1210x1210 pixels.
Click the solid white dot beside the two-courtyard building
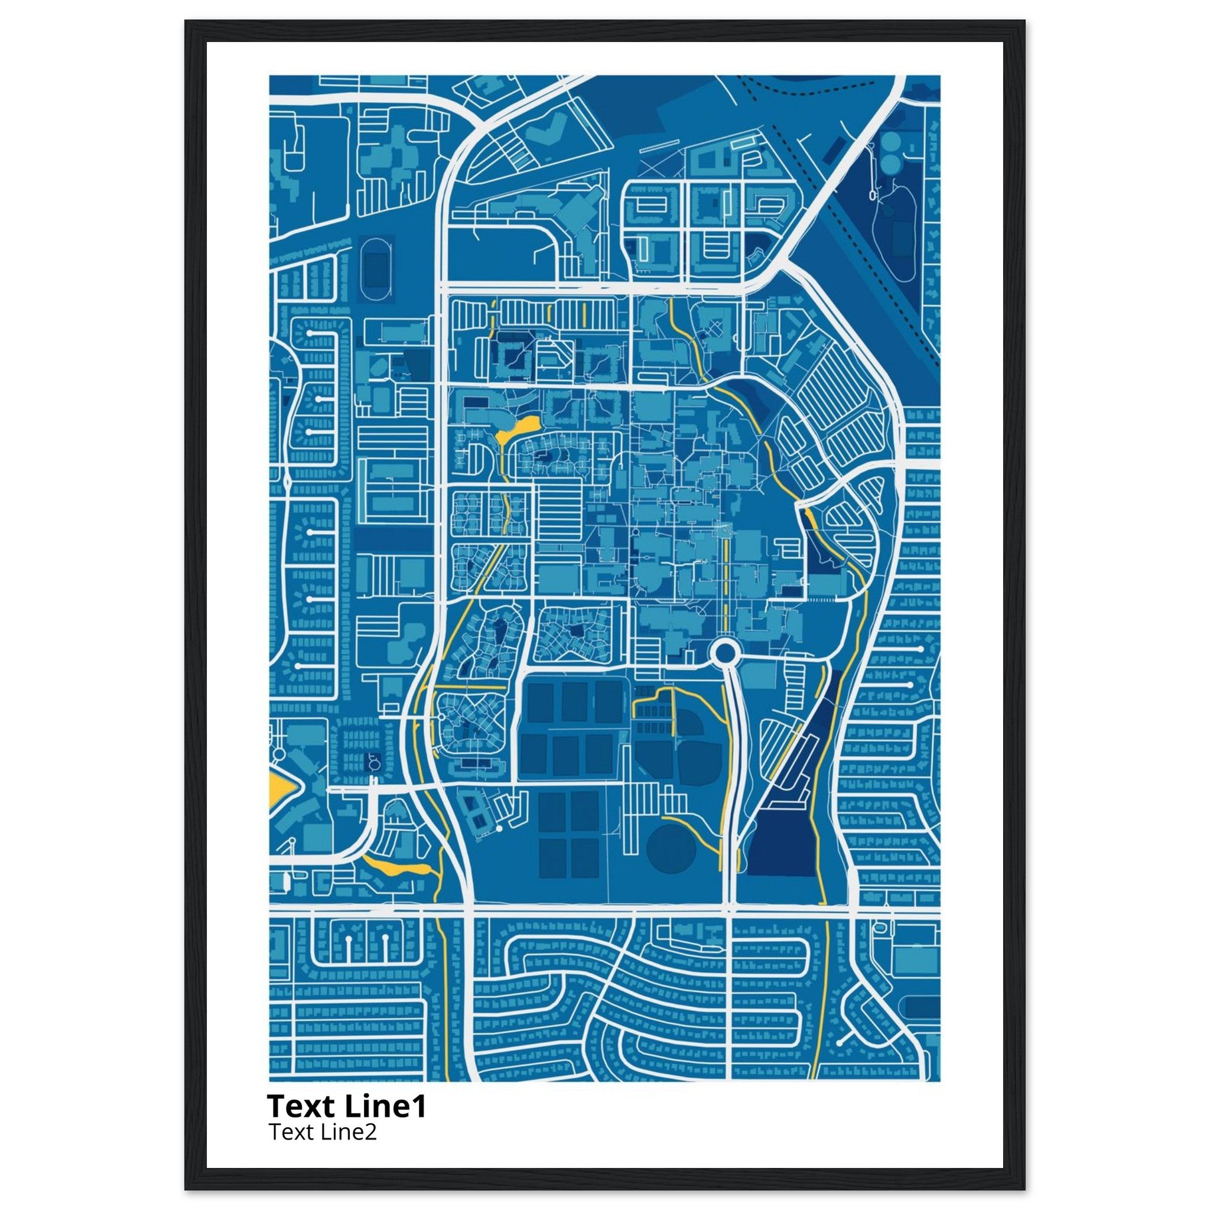click(x=499, y=828)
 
